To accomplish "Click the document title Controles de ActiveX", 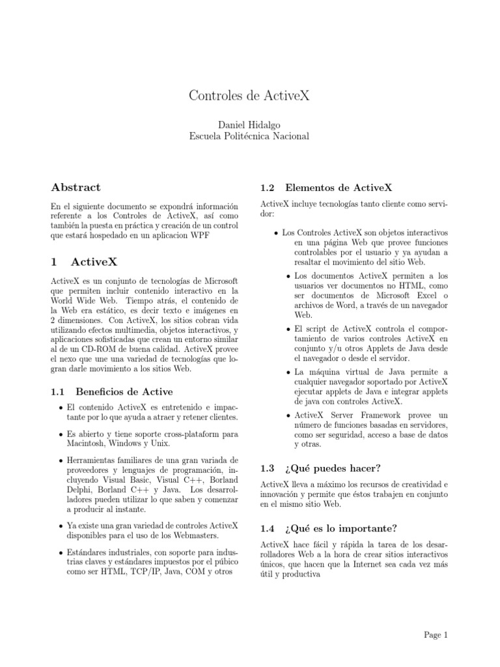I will click(249, 96).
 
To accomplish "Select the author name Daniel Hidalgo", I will click(249, 124).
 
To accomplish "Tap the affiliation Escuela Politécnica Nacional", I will click(249, 136).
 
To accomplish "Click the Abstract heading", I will click(76, 188).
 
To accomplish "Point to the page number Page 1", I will click(436, 634).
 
